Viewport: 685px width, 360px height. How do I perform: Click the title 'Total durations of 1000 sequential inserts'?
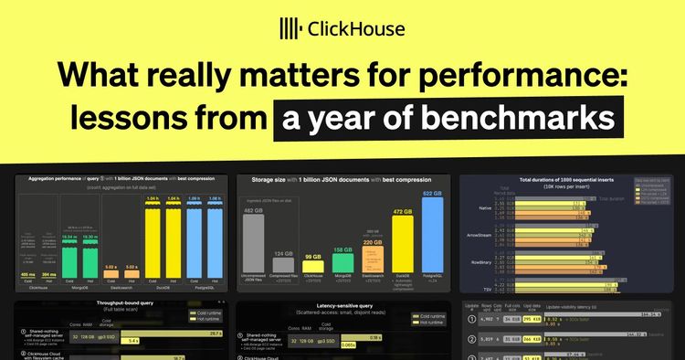click(x=571, y=183)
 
